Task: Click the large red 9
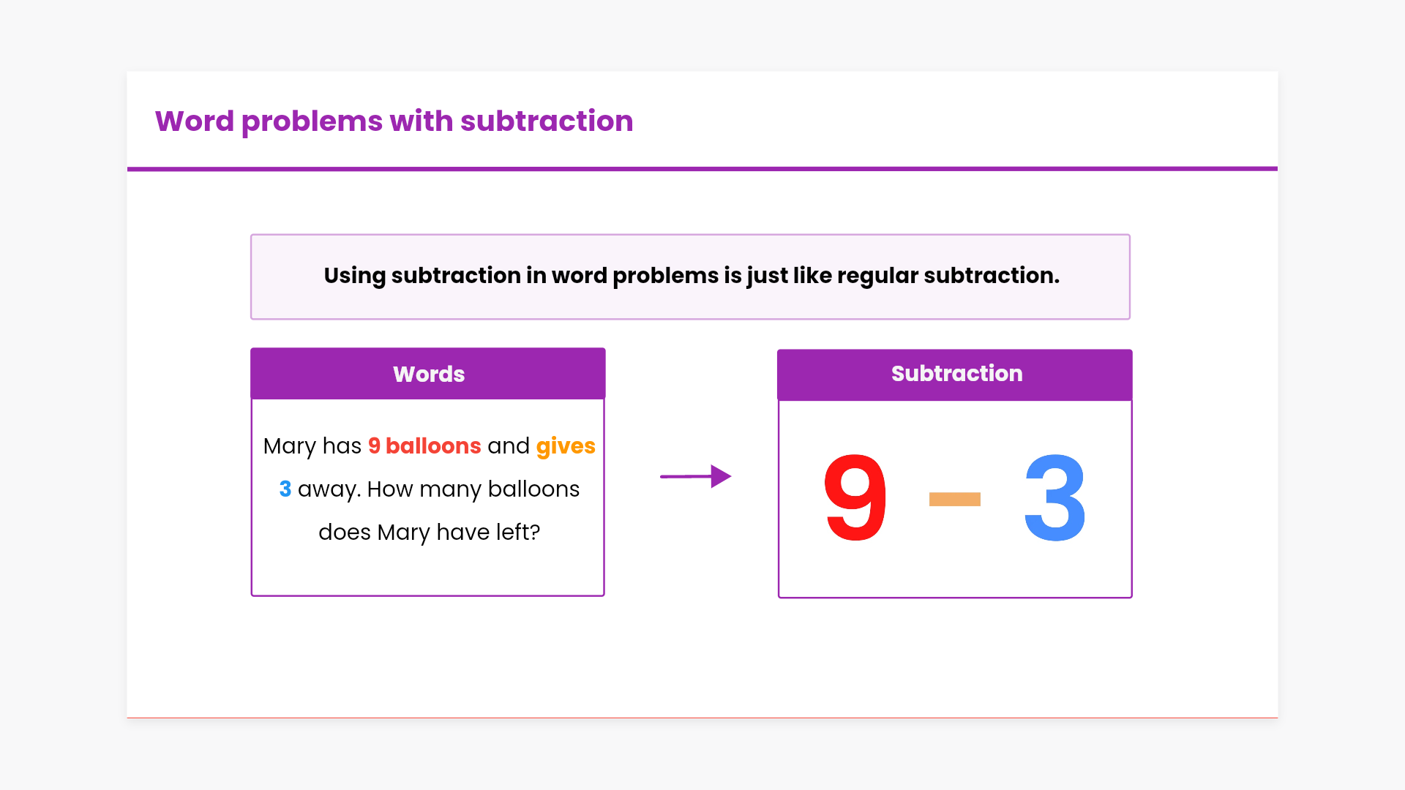[x=855, y=497]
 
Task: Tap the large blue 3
[x=1054, y=497]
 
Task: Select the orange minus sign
[x=954, y=499]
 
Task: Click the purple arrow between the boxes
[x=696, y=476]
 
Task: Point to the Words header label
[x=429, y=374]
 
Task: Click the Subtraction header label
[x=956, y=373]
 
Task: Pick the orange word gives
[x=566, y=446]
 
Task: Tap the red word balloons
[x=433, y=445]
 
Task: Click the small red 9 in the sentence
[x=374, y=445]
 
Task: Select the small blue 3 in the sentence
[x=285, y=489]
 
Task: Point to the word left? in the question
[x=518, y=532]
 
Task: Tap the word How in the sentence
[x=390, y=489]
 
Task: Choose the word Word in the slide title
[x=195, y=121]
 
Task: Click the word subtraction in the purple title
[x=547, y=121]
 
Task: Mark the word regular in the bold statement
[x=877, y=276]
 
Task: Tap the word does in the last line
[x=345, y=532]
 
